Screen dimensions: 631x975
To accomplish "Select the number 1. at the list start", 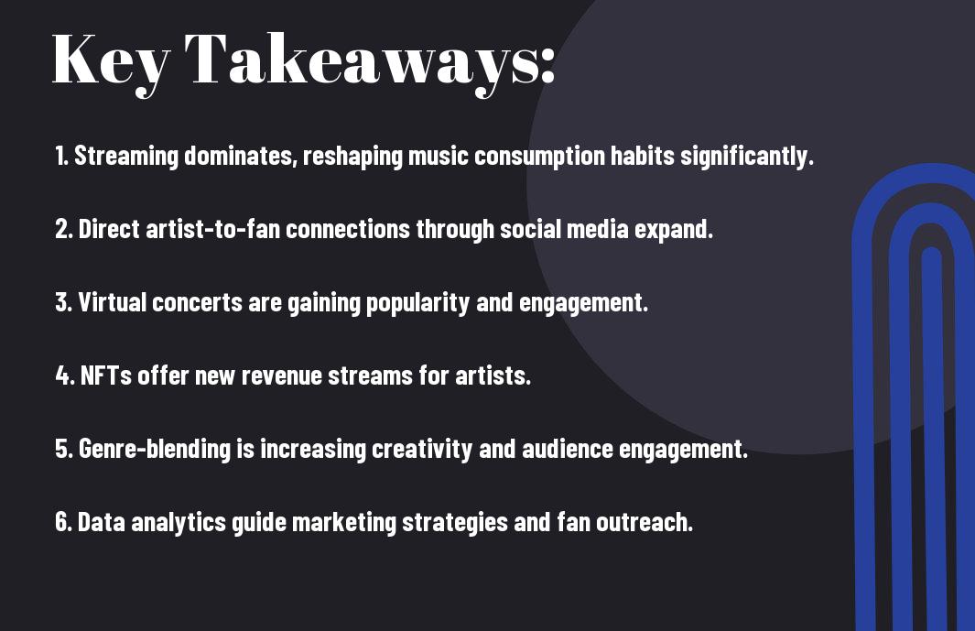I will (62, 157).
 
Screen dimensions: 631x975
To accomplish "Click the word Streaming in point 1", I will (126, 157).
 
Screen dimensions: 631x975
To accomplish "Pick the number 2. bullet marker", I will (64, 230).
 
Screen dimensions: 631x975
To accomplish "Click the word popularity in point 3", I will (418, 303).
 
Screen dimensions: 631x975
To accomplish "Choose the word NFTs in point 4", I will (105, 376).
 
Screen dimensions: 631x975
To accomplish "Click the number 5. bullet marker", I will (64, 450).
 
